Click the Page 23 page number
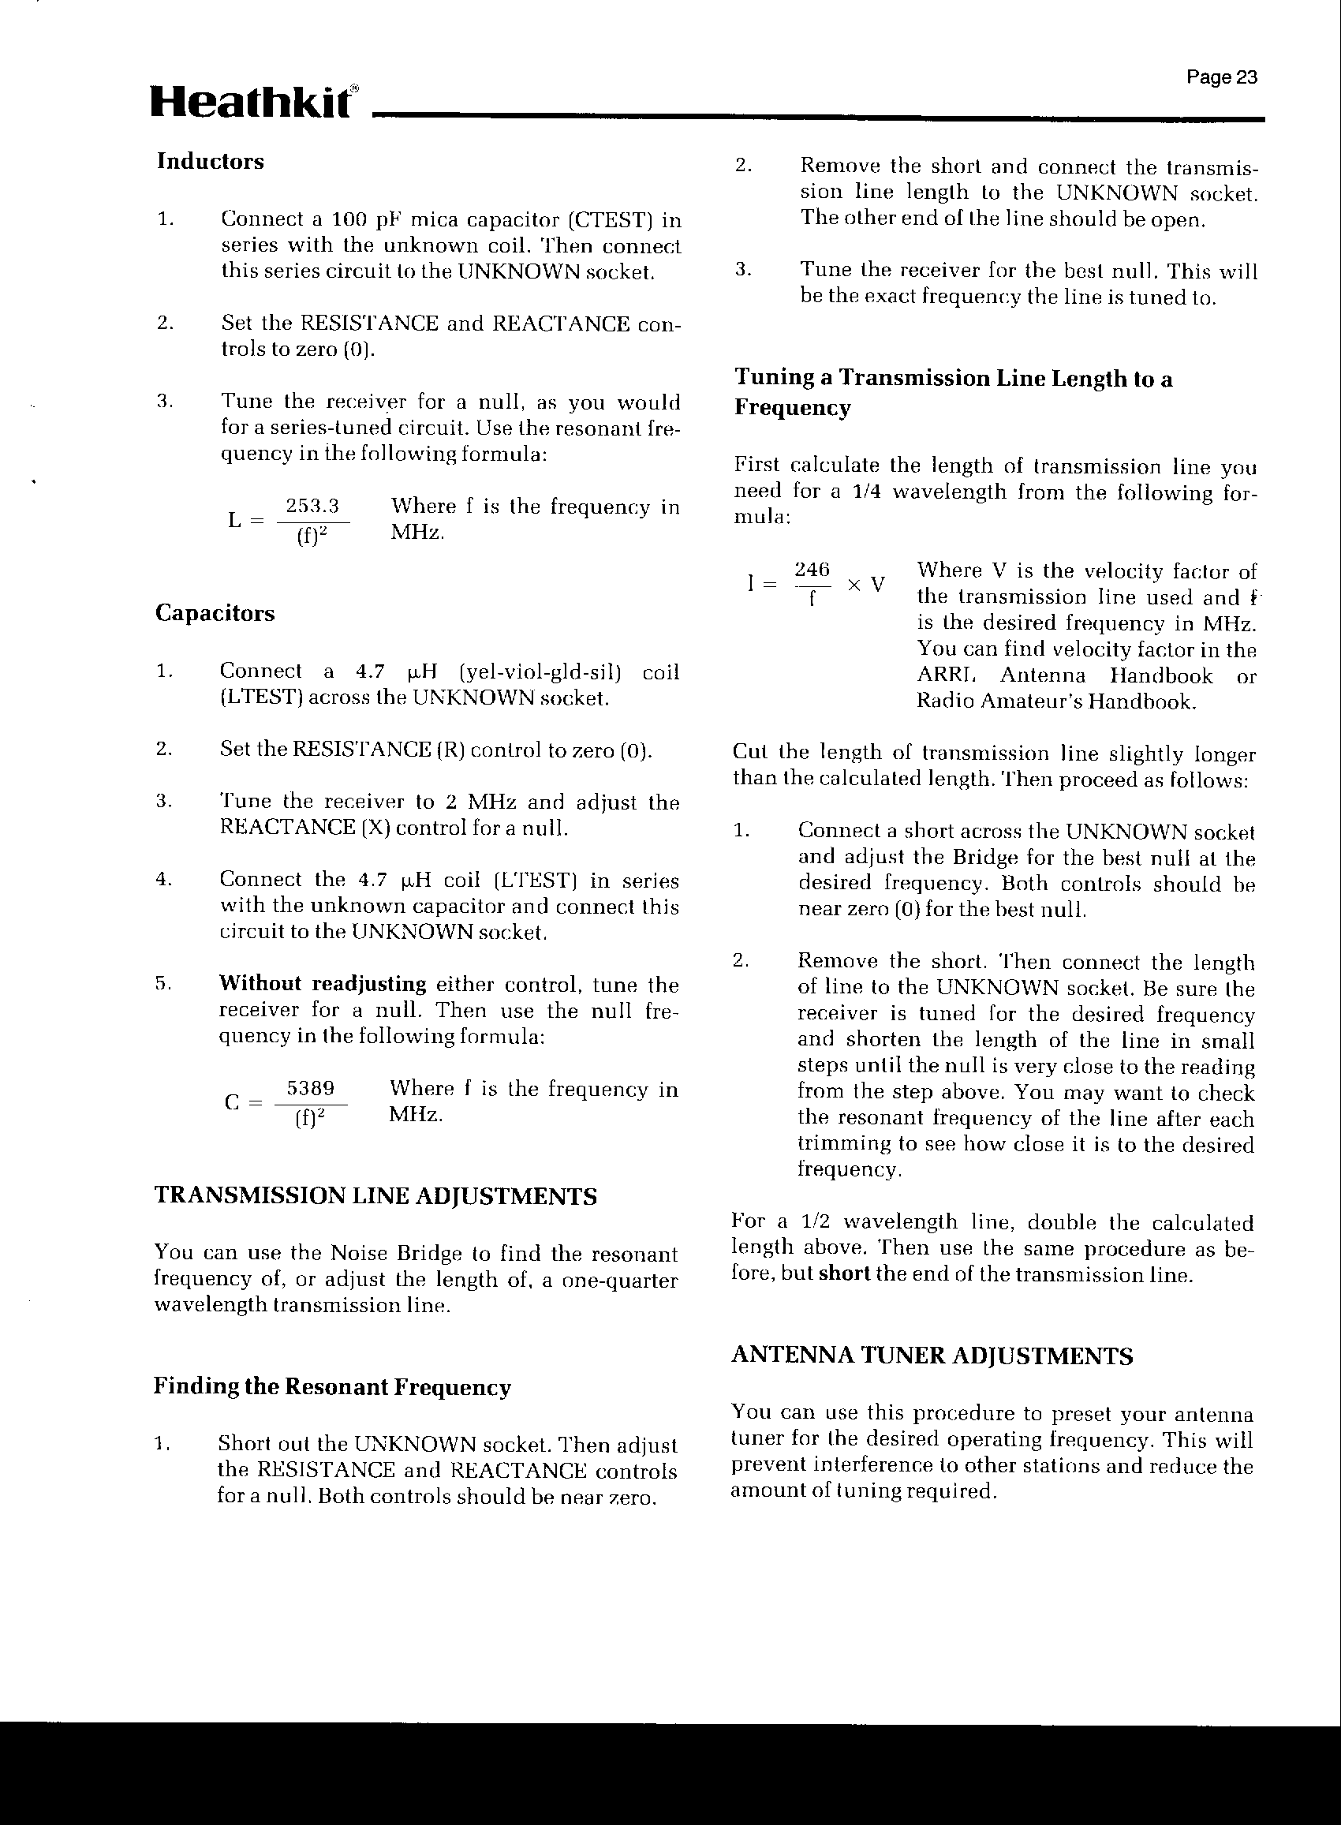(1221, 77)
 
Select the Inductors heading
(211, 161)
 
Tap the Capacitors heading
(215, 613)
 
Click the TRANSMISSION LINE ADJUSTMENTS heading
(375, 1196)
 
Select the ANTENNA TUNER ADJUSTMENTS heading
(932, 1356)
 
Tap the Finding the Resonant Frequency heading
(332, 1386)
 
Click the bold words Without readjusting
(323, 984)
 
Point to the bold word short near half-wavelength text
(845, 1273)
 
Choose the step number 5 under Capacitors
(162, 983)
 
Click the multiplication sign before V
(853, 585)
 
